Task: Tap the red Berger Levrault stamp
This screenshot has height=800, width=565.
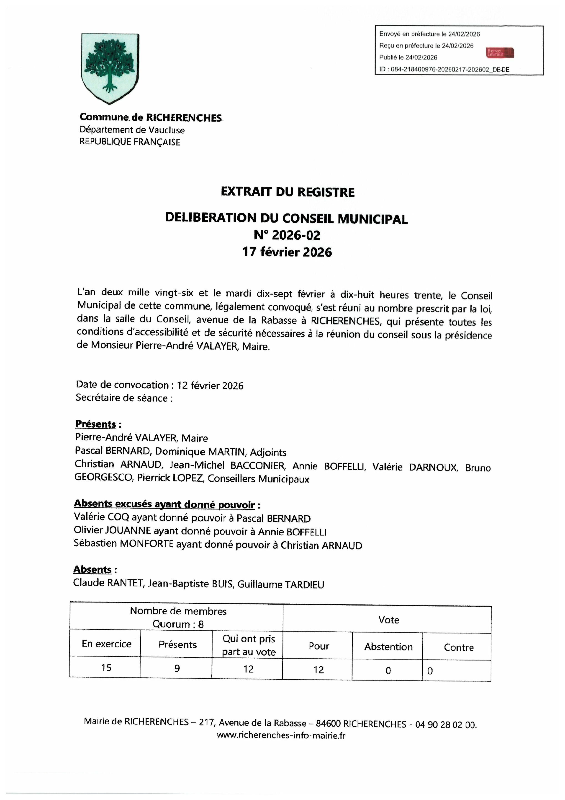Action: pyautogui.click(x=500, y=53)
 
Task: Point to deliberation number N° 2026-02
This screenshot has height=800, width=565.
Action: pyautogui.click(x=287, y=235)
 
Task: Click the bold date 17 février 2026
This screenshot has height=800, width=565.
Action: pyautogui.click(x=287, y=252)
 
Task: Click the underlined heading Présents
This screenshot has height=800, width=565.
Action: pyautogui.click(x=96, y=424)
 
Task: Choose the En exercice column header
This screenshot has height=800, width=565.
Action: pyautogui.click(x=107, y=644)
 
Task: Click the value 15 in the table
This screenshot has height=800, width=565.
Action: pyautogui.click(x=106, y=667)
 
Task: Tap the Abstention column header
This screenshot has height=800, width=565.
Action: pyautogui.click(x=388, y=647)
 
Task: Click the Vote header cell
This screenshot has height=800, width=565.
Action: pyautogui.click(x=388, y=620)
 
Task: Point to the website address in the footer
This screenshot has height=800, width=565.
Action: pyautogui.click(x=281, y=735)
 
